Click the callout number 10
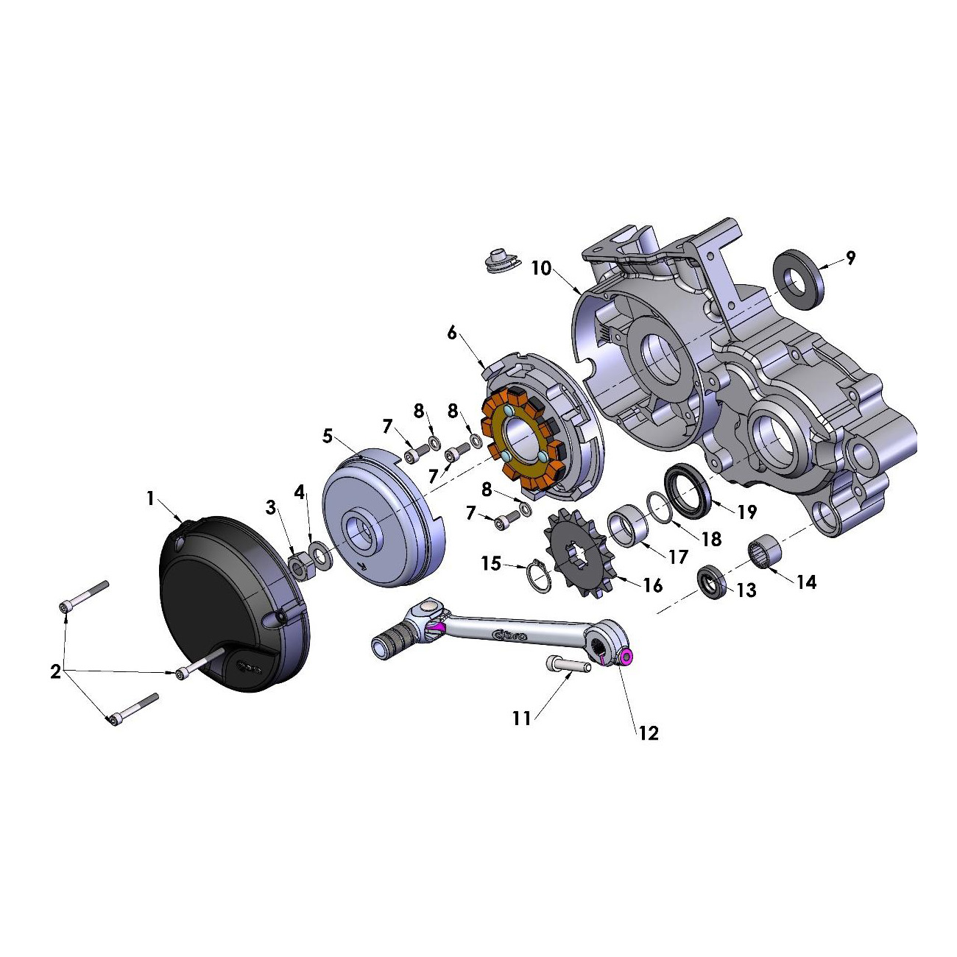[x=541, y=268]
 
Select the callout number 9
[x=851, y=258]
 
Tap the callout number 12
[x=648, y=733]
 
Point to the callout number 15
[x=491, y=564]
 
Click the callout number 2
[x=56, y=672]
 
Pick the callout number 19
[x=746, y=512]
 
